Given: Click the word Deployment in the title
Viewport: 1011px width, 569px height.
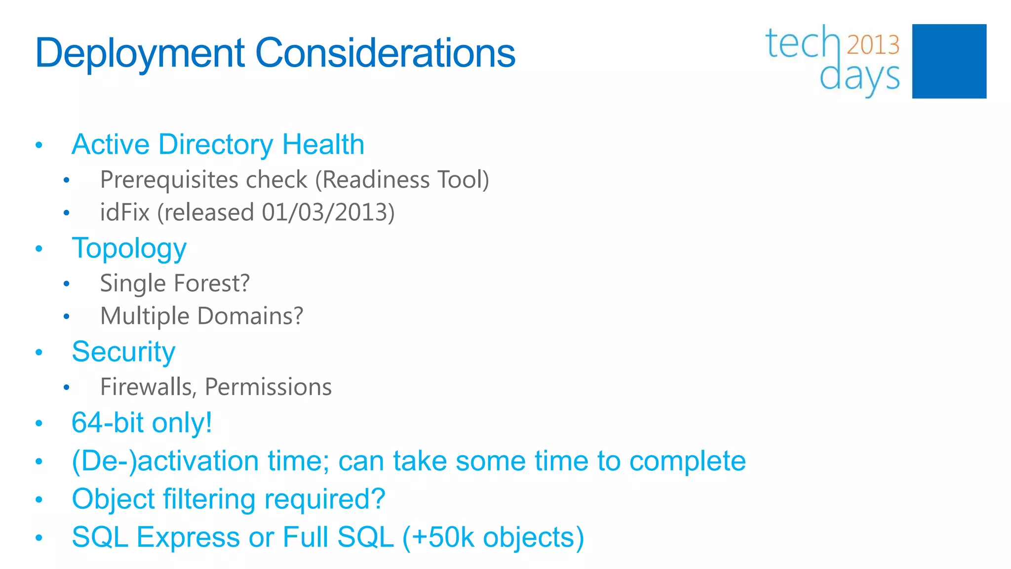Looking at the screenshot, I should click(x=140, y=53).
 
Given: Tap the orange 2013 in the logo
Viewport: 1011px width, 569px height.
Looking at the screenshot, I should click(x=873, y=45).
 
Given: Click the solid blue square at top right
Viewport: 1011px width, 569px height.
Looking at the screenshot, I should click(x=949, y=61).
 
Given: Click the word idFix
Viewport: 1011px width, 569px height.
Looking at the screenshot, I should click(x=124, y=212).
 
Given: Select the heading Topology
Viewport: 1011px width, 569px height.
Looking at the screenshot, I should click(x=129, y=248).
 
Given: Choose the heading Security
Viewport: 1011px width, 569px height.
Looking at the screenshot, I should click(x=123, y=352).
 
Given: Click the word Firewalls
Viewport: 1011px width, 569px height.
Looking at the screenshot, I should click(x=146, y=387).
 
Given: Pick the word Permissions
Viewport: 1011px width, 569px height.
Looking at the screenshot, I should click(x=268, y=387).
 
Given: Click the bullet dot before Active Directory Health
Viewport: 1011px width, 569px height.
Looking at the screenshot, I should click(x=39, y=145).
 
